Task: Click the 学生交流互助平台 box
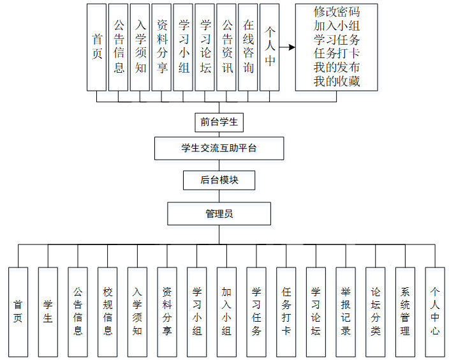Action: coord(219,149)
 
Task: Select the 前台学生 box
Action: coord(219,121)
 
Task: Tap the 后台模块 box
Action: coord(219,180)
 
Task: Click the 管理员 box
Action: coord(219,213)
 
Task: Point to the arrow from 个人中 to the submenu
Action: coord(287,47)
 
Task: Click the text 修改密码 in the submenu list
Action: coord(336,13)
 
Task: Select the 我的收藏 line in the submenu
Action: coord(336,81)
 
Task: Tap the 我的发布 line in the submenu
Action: coord(336,68)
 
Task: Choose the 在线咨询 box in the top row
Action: coord(248,47)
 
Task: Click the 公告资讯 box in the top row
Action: coord(226,47)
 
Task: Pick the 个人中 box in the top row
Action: coord(270,47)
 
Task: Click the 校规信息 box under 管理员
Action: coord(108,311)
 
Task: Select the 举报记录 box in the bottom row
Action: coord(346,311)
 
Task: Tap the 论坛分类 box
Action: coord(376,311)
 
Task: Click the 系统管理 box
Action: coord(405,311)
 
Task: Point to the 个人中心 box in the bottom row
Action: coord(435,311)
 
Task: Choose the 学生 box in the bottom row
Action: coord(48,311)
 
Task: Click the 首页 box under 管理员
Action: coord(18,311)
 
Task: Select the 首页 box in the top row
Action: coord(97,47)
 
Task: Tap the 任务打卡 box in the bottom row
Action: coord(286,311)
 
